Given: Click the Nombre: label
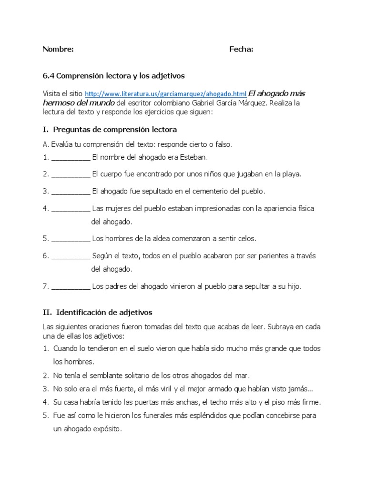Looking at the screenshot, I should [58, 49].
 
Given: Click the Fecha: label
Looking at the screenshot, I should [241, 49].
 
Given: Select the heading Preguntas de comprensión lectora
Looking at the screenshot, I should [115, 130].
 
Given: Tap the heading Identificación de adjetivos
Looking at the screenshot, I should [104, 313].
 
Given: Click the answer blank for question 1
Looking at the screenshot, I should [71, 157].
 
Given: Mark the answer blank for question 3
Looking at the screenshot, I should [71, 192].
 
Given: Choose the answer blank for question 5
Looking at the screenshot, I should [71, 239].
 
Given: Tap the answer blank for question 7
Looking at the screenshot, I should [71, 287].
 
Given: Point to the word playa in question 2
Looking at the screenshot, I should [292, 174].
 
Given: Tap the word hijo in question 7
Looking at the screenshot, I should [293, 287].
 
